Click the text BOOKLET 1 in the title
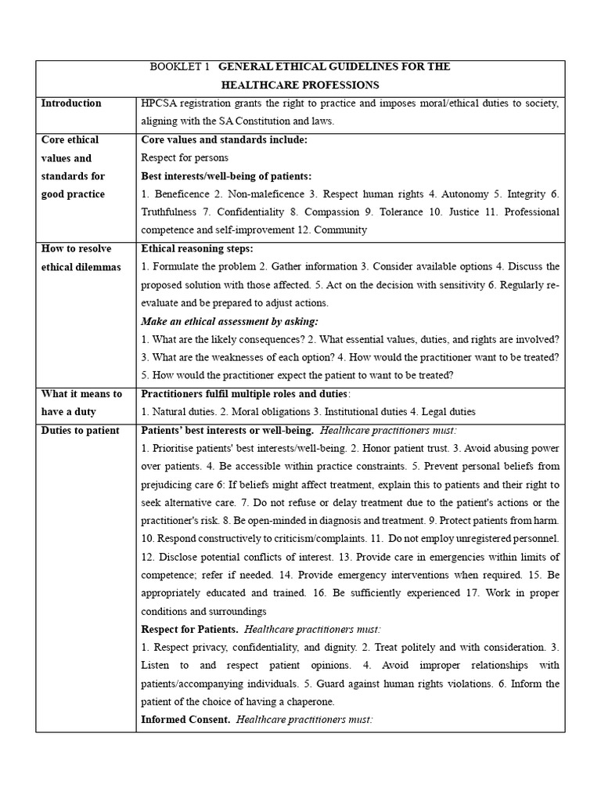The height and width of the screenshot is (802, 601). (x=179, y=67)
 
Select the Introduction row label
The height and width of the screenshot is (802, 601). (x=71, y=103)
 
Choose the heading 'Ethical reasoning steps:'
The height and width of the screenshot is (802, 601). (x=196, y=248)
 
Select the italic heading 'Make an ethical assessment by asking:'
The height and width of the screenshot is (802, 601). (x=230, y=321)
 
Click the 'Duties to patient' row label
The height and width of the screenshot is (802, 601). (x=80, y=430)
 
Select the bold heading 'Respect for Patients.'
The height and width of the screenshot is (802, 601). (x=189, y=629)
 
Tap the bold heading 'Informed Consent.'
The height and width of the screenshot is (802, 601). (x=185, y=719)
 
